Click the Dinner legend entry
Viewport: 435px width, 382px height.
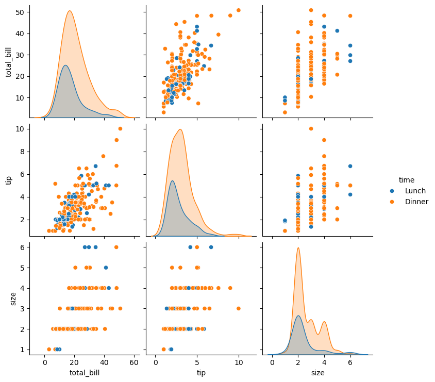click(x=416, y=202)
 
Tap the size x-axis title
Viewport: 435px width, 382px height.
click(x=317, y=373)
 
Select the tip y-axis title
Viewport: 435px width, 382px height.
click(x=9, y=180)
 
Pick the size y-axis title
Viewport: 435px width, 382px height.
click(x=13, y=298)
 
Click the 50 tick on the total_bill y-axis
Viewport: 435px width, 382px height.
click(x=19, y=12)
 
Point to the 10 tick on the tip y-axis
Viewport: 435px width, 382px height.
click(x=19, y=129)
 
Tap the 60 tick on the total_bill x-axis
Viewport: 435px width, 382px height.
click(x=135, y=362)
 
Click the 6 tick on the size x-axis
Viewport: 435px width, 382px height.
click(x=350, y=362)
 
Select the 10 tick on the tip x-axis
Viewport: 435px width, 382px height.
click(x=239, y=362)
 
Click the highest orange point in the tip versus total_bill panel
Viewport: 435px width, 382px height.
click(x=120, y=129)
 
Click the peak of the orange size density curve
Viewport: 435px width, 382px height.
click(x=298, y=248)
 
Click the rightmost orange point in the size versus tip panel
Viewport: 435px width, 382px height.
click(x=239, y=308)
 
